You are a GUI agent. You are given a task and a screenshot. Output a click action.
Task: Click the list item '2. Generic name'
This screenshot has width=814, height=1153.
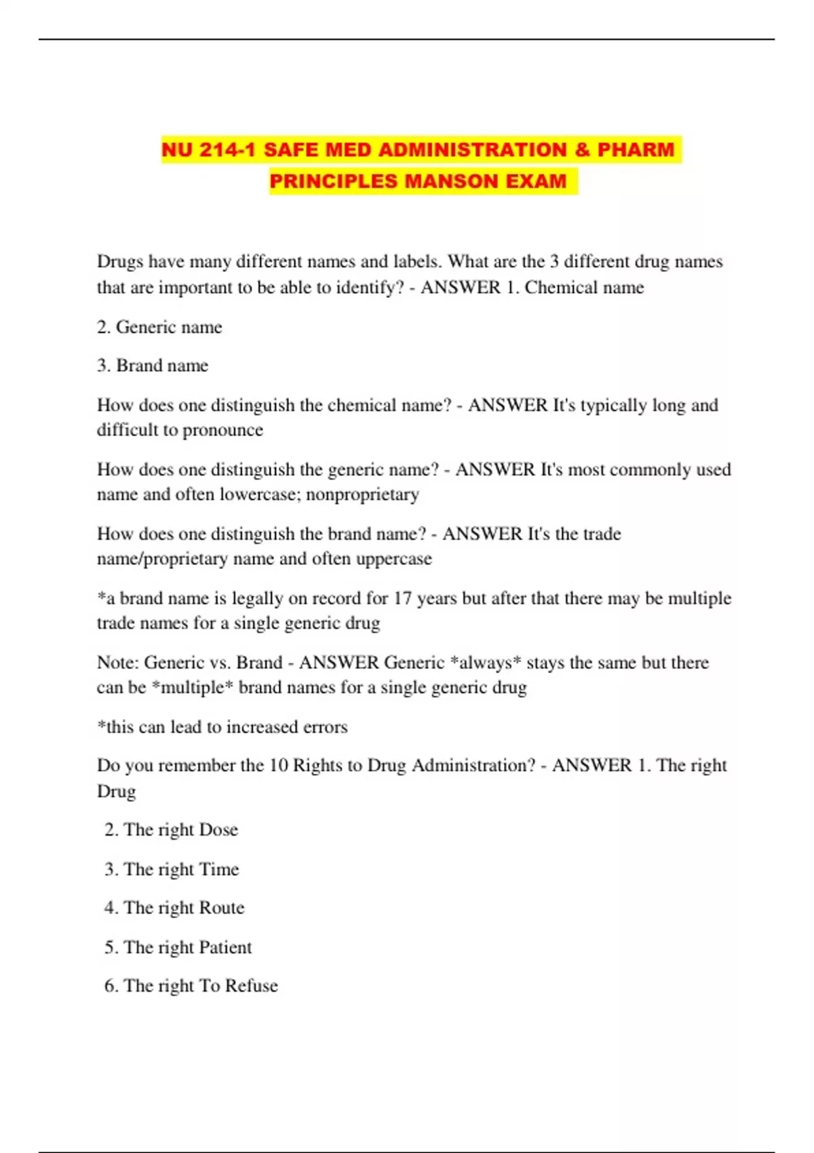[159, 327]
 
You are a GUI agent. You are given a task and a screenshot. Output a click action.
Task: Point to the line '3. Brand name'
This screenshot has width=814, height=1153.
[153, 366]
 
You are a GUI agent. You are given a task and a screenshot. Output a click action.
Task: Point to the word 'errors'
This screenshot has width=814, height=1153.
[325, 727]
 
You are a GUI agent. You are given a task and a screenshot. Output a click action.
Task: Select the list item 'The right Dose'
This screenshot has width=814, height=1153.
[171, 830]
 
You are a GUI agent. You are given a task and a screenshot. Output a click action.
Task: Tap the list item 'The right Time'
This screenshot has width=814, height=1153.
[172, 869]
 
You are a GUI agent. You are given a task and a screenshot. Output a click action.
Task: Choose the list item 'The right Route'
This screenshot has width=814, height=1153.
[174, 908]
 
